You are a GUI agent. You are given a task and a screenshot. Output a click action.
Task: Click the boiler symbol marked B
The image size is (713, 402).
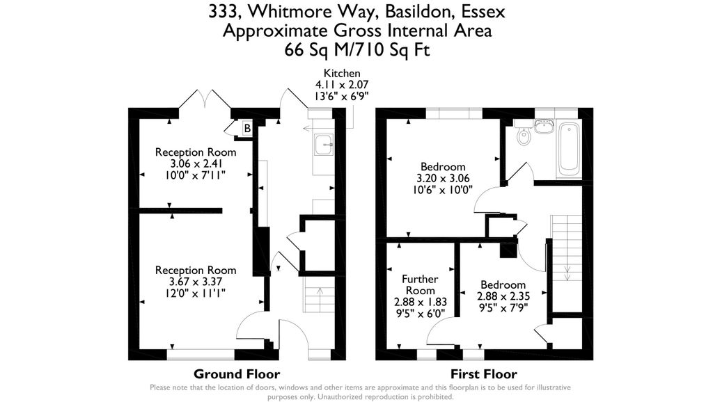click(246, 128)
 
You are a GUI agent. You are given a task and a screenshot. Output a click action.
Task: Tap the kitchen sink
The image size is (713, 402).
click(323, 145)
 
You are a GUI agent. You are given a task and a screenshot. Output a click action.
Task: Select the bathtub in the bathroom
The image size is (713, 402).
click(569, 147)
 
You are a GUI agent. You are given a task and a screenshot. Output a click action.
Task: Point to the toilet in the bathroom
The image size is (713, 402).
click(524, 136)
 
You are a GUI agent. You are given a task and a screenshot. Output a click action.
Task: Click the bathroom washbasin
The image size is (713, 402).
click(544, 126)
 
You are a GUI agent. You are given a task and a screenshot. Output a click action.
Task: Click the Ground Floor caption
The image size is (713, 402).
click(237, 374)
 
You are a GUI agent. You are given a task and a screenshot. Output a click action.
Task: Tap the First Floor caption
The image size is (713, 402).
click(484, 374)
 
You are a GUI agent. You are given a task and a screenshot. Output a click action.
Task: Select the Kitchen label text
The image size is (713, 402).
click(341, 73)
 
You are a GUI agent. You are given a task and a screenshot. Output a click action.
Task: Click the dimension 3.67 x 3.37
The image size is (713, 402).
click(196, 282)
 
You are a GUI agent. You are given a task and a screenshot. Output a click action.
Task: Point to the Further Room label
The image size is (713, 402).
click(420, 284)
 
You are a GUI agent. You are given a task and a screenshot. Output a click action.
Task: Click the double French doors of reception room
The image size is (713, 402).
click(205, 100)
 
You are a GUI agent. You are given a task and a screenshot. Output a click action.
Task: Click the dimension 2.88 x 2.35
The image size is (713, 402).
click(501, 296)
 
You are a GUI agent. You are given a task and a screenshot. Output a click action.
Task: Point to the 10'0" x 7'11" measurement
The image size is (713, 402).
click(196, 175)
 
